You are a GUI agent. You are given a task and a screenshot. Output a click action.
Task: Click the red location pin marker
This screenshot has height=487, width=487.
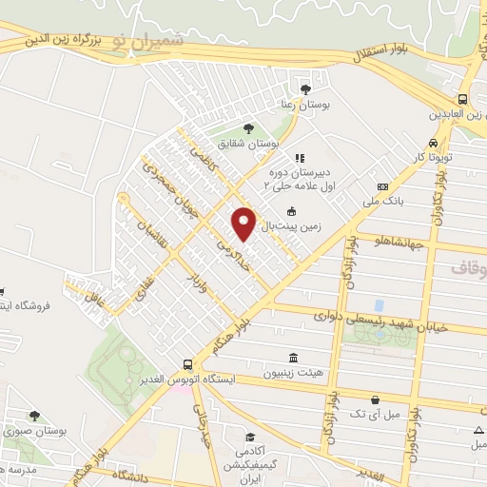(x=245, y=222)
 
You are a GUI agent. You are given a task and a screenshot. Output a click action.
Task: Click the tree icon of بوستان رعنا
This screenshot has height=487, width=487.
(x=305, y=90)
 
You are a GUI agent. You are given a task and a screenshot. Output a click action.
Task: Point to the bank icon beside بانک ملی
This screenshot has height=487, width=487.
(x=382, y=187)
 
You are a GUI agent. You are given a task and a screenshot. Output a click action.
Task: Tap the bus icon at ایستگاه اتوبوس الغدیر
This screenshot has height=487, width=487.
(x=187, y=363)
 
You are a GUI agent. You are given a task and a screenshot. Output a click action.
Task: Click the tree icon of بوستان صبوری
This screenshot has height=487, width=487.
(x=34, y=416)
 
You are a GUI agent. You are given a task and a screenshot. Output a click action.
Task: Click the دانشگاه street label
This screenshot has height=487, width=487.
(x=133, y=473)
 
